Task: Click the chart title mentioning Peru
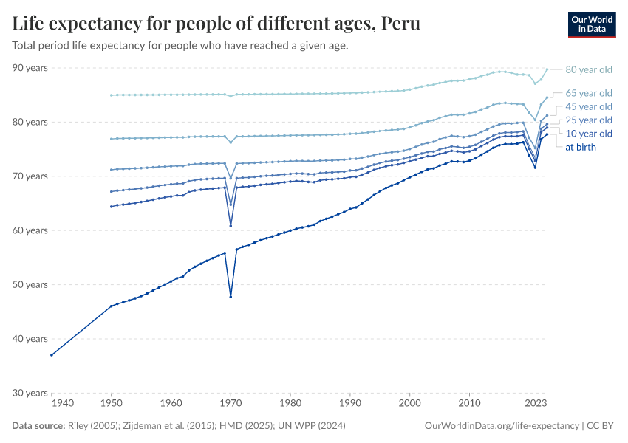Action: [x=216, y=23]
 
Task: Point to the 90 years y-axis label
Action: [x=30, y=68]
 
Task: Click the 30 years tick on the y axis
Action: [x=30, y=393]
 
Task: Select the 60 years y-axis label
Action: [x=30, y=230]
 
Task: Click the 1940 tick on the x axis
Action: [x=62, y=403]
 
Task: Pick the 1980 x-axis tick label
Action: [x=290, y=403]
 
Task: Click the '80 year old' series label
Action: [x=588, y=70]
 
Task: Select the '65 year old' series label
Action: [x=588, y=93]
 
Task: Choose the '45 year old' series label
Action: [x=588, y=106]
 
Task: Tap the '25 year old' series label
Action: [x=588, y=120]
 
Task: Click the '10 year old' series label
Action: [x=588, y=134]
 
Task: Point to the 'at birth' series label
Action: [x=580, y=147]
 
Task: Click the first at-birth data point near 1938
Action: [x=51, y=355]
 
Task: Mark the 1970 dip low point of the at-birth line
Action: [x=231, y=297]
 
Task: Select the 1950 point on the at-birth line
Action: [x=111, y=306]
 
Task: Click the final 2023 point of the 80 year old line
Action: [x=547, y=69]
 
